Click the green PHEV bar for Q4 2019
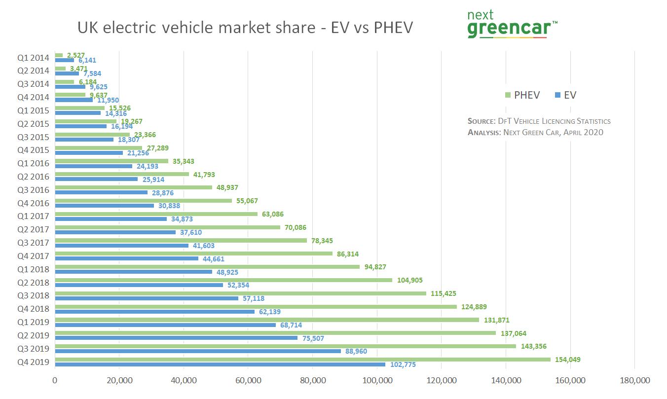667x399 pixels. [302, 360]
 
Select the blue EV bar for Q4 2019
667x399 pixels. [220, 364]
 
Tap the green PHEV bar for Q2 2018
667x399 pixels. [223, 280]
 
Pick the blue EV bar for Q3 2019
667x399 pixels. [197, 351]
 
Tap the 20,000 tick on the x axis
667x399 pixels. [119, 380]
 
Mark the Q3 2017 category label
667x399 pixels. [33, 243]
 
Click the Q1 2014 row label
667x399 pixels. [33, 58]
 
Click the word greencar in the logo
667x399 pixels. [509, 29]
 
